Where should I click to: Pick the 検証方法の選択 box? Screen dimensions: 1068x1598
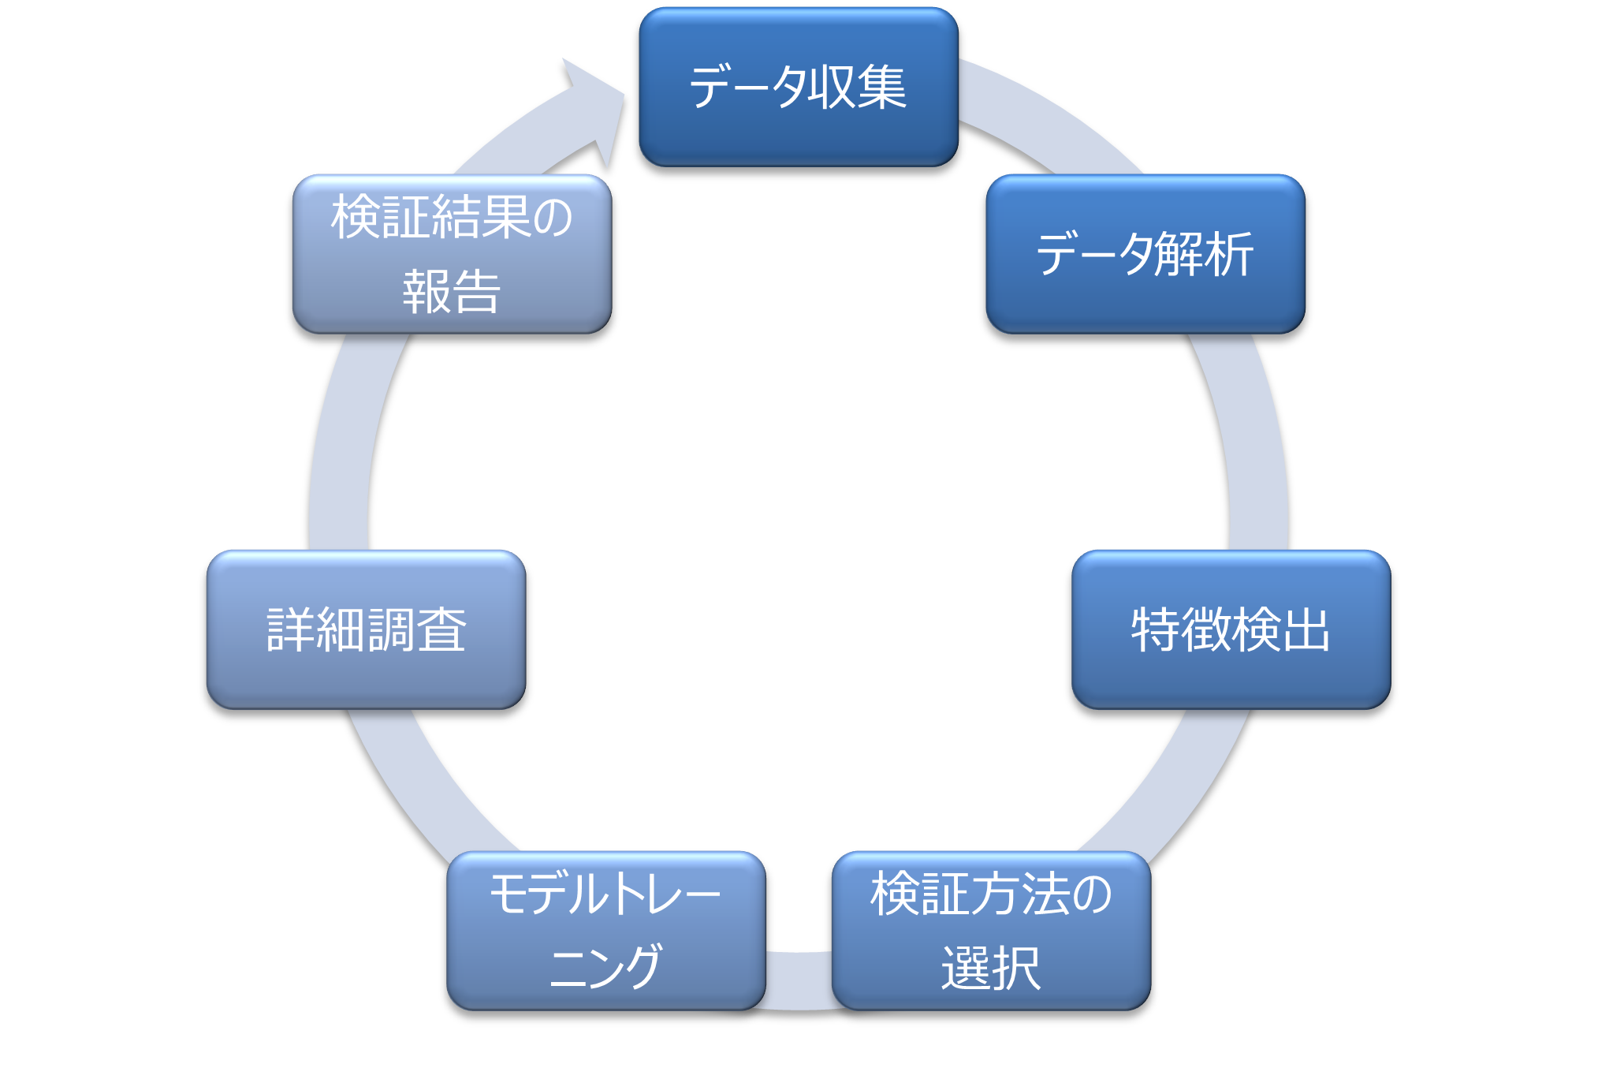pos(991,931)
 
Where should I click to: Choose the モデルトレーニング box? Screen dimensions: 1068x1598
pos(605,931)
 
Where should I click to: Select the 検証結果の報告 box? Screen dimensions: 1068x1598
pos(452,254)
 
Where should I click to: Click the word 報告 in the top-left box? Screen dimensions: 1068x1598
pos(452,292)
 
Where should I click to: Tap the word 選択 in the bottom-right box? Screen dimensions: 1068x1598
pos(991,968)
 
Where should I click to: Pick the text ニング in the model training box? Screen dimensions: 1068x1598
pos(605,968)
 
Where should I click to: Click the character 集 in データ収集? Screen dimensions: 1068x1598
pos(882,87)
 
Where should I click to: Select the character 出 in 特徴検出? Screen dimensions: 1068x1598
pos(1306,630)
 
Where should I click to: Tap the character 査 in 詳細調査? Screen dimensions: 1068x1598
pos(441,630)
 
